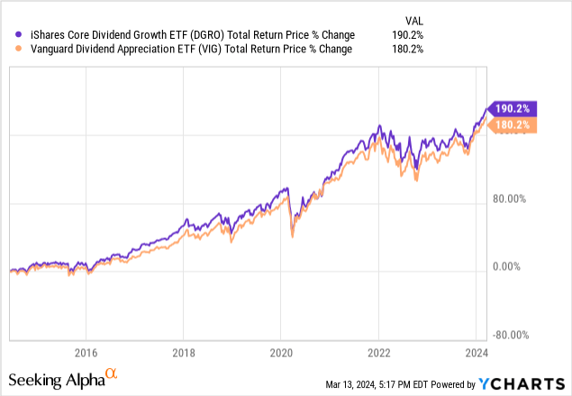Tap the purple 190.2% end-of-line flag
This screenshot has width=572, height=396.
click(512, 107)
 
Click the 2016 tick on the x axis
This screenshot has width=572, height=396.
click(86, 352)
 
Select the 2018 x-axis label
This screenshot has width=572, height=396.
click(184, 352)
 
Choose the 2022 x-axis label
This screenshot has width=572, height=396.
click(379, 352)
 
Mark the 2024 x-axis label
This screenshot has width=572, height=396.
click(477, 352)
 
